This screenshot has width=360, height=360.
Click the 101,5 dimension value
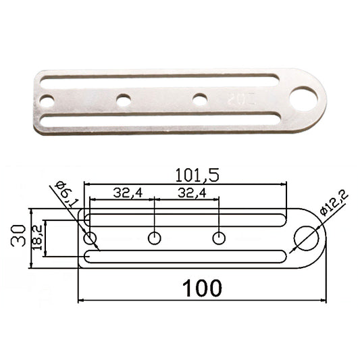pos(197,175)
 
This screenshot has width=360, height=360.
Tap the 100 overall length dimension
pos(202,288)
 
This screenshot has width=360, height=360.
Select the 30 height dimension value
pos(18,236)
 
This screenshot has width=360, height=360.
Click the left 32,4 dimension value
pos(128,193)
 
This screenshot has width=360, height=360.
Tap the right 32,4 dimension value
pos(192,193)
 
